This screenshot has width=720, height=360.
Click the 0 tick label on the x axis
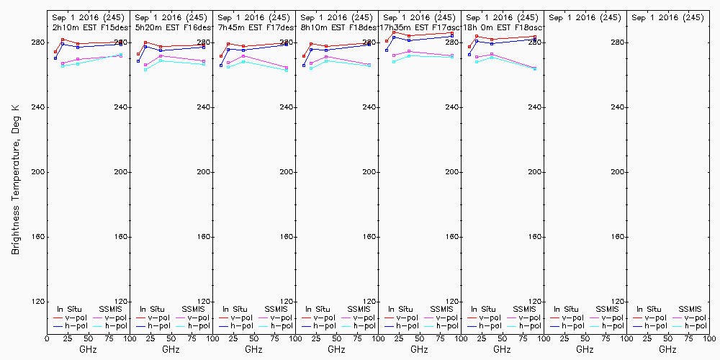47,337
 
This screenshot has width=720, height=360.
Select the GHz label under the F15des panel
88,349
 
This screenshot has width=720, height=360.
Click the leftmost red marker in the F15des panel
55,52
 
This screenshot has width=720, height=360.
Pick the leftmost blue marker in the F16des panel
138,61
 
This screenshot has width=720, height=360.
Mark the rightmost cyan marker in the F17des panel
287,70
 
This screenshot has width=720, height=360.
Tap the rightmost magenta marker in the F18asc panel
535,68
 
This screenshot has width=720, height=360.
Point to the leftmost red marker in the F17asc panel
387,41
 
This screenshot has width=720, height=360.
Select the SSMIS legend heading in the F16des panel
194,309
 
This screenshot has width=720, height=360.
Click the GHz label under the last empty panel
667,349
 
